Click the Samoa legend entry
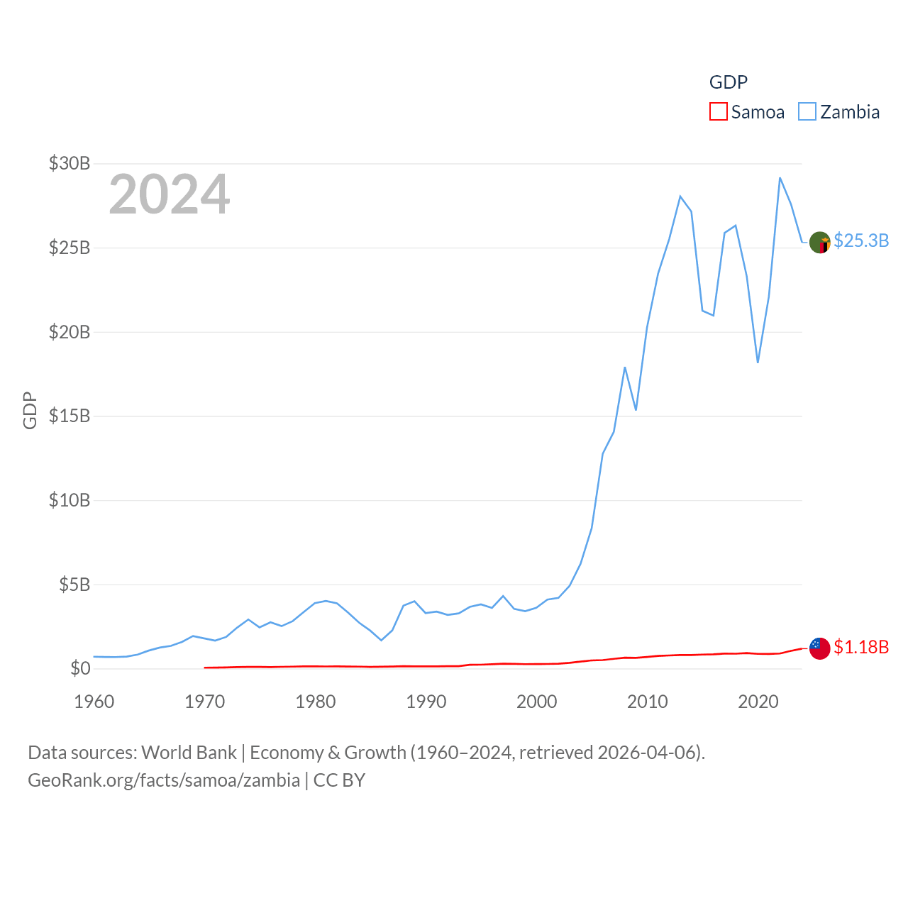tap(747, 112)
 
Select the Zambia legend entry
tap(839, 112)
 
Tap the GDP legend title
tap(729, 82)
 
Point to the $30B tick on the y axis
tap(70, 163)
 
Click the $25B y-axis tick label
tap(70, 248)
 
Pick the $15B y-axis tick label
tap(70, 416)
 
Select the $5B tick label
tap(74, 585)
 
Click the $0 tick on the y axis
tap(80, 668)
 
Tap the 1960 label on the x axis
tap(94, 702)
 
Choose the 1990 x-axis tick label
tap(426, 702)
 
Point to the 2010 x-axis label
tap(647, 702)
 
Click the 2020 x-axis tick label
tap(758, 702)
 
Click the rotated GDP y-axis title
tap(30, 410)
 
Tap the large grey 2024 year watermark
tap(169, 194)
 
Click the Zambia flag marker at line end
tap(820, 243)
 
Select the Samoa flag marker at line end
tap(820, 648)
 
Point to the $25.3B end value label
tap(861, 240)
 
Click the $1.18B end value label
tap(861, 647)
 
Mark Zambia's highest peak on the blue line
tap(780, 177)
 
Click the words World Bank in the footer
tap(189, 752)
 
